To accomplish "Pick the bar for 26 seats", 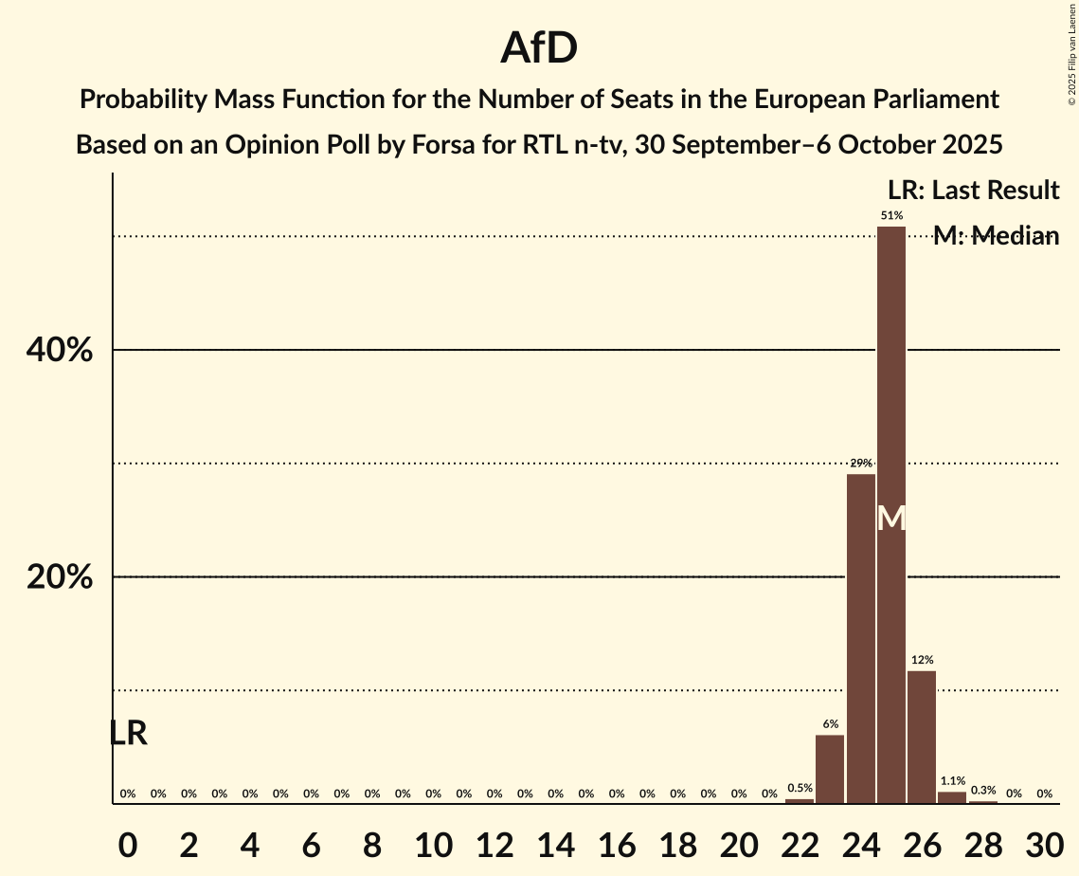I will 922,737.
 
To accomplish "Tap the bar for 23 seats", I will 830,769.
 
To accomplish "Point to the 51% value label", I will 891,216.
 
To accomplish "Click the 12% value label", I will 922,660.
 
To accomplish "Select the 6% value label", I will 830,724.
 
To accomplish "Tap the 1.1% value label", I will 952,781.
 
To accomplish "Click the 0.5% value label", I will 800,788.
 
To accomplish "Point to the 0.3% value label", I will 983,791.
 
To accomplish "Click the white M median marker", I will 891,518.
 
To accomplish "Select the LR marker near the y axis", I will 128,733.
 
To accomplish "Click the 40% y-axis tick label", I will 60,351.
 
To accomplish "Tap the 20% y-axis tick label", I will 60,577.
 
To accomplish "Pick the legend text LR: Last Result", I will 973,191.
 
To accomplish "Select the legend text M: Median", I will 996,236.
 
